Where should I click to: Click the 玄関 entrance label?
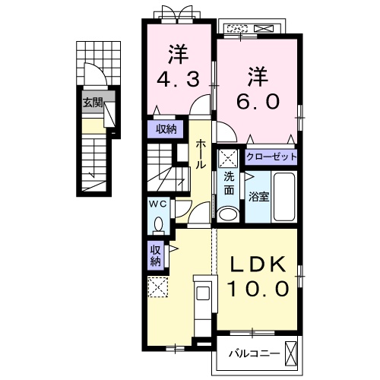[93, 103]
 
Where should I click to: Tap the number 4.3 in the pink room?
[178, 79]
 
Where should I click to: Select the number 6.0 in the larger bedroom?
[258, 101]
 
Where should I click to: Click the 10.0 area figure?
[258, 289]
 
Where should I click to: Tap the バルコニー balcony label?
[255, 353]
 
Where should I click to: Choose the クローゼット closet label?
[271, 157]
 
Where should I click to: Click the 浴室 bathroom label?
[258, 197]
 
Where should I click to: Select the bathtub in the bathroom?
[284, 197]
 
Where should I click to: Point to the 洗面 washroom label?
[229, 184]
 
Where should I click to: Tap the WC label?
[158, 204]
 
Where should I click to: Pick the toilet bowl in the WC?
[159, 223]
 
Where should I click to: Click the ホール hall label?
[200, 154]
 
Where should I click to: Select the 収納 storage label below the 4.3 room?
[166, 130]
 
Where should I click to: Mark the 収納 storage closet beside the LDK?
[156, 256]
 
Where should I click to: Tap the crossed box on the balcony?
[290, 354]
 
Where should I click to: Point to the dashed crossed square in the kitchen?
[158, 287]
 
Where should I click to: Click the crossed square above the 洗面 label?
[228, 159]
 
